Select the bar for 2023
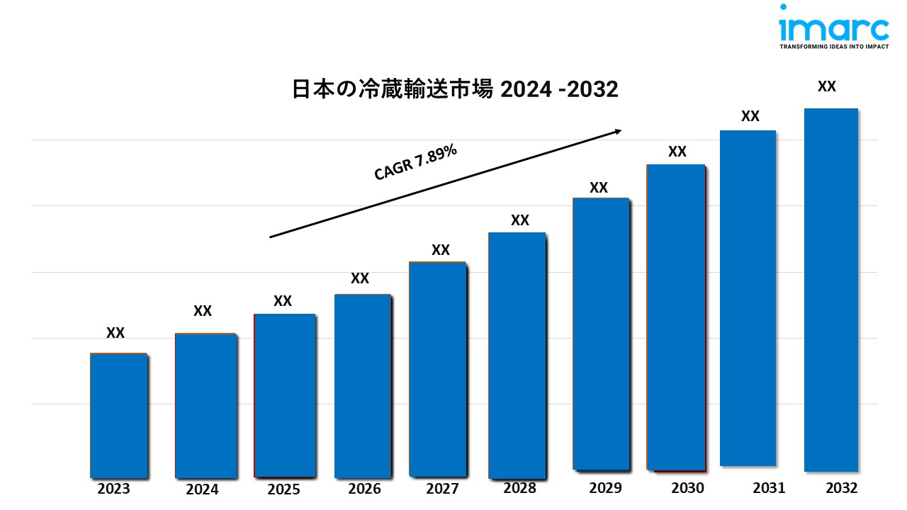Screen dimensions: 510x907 (118, 415)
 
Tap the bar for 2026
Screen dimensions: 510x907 (363, 385)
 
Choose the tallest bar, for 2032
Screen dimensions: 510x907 (831, 290)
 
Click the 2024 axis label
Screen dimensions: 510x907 (202, 489)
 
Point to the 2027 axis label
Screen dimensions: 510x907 (442, 489)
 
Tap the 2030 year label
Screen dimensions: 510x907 (687, 488)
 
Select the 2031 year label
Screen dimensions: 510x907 (769, 488)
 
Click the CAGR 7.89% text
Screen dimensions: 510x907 (415, 164)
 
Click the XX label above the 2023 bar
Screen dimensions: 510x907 (116, 333)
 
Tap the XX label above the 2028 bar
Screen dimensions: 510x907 (520, 220)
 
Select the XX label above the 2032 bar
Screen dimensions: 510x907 (827, 86)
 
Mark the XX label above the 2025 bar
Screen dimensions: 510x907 (283, 301)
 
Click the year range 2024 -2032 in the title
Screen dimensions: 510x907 (560, 90)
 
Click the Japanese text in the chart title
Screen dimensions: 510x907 (393, 90)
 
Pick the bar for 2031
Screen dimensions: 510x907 (748, 298)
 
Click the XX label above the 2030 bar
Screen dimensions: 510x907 (677, 152)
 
